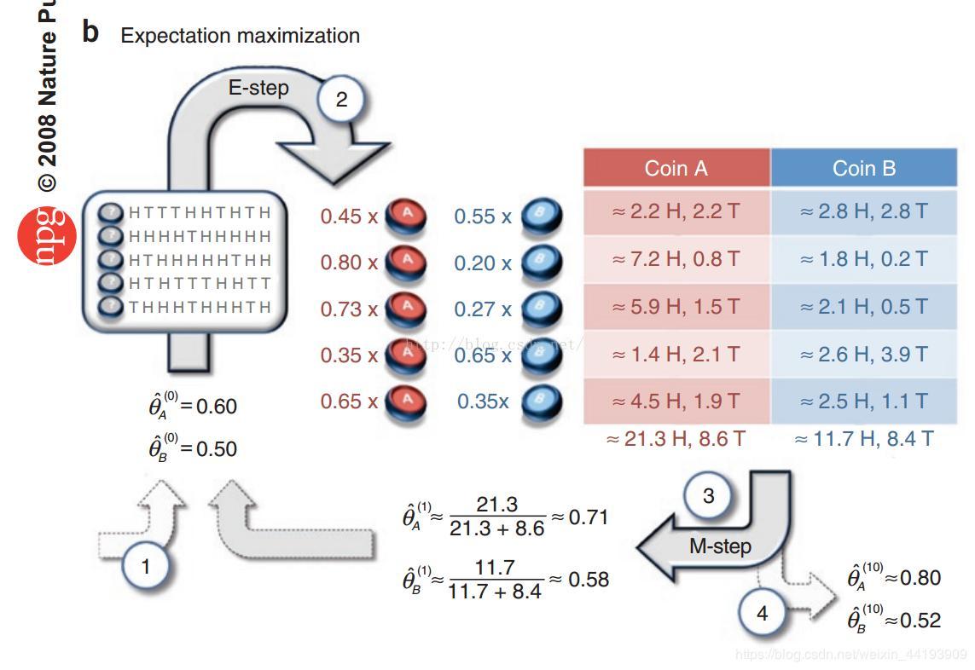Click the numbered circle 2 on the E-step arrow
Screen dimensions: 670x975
tap(341, 100)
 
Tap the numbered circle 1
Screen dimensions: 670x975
tap(146, 566)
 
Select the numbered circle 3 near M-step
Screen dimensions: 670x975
tap(708, 495)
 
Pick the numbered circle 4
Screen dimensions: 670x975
tap(762, 613)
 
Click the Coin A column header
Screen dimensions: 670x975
tap(676, 168)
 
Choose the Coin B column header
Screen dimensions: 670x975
tap(863, 168)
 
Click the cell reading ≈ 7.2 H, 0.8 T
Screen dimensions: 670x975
tap(676, 259)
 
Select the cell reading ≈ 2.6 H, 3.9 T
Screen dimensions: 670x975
tap(863, 354)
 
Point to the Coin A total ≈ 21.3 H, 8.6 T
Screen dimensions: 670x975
tap(676, 439)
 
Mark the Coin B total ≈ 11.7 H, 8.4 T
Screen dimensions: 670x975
tap(863, 439)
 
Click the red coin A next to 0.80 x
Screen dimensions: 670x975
tap(407, 262)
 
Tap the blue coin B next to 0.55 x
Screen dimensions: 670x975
tap(541, 217)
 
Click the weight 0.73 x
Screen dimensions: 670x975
tap(349, 309)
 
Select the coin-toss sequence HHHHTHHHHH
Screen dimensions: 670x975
tap(200, 236)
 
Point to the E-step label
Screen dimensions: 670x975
tap(258, 88)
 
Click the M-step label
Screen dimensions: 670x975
tap(720, 546)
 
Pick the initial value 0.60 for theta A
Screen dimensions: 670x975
tap(217, 407)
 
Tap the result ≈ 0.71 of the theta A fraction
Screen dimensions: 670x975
tap(588, 517)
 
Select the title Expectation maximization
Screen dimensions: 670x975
tap(240, 36)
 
